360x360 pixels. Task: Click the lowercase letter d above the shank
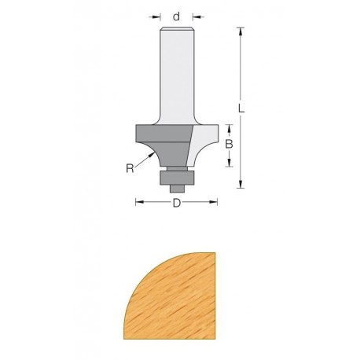pyautogui.click(x=177, y=15)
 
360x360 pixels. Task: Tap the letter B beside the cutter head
pyautogui.click(x=229, y=145)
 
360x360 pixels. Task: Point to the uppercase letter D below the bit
pyautogui.click(x=177, y=204)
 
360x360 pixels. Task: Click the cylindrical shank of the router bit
pyautogui.click(x=177, y=79)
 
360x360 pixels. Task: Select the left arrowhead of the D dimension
pyautogui.click(x=139, y=204)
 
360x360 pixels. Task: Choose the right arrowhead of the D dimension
pyautogui.click(x=215, y=204)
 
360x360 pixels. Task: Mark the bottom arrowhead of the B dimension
pyautogui.click(x=229, y=163)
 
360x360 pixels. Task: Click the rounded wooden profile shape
pyautogui.click(x=169, y=295)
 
